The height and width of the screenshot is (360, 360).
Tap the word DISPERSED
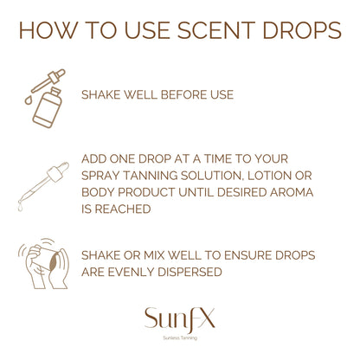coord(204,271)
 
